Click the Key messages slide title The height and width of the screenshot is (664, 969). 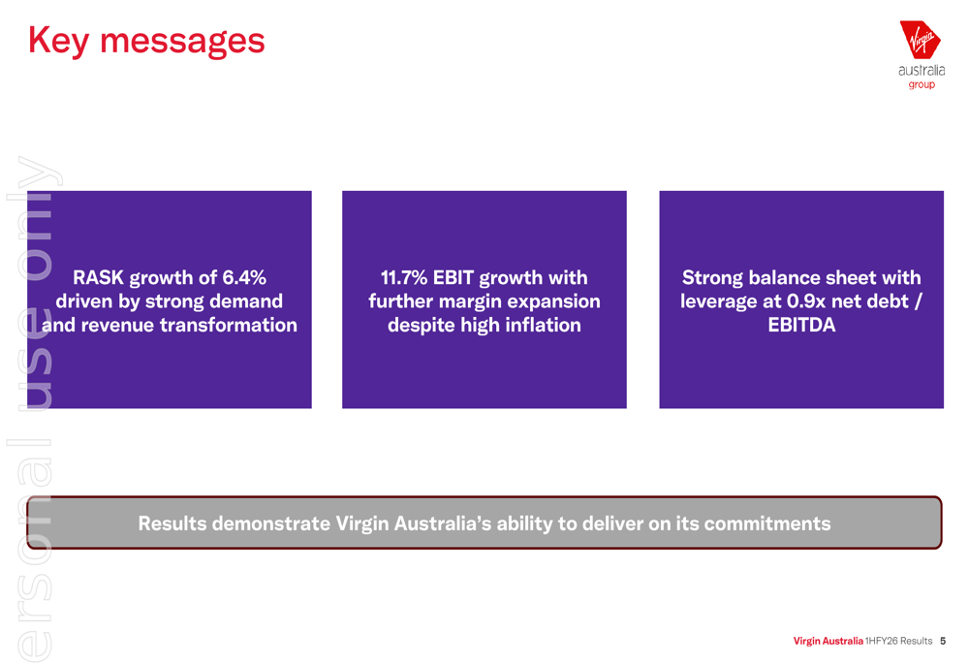[x=146, y=41]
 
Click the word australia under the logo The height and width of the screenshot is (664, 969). [x=922, y=71]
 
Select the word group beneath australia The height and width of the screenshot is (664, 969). [x=922, y=85]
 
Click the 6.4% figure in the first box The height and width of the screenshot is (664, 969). [x=244, y=278]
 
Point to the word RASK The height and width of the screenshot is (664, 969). [x=98, y=278]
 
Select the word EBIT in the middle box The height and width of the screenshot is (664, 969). [x=453, y=278]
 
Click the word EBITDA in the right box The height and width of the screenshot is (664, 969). [x=801, y=326]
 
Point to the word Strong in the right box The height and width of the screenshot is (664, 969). [x=712, y=278]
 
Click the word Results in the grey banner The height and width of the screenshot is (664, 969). [x=172, y=524]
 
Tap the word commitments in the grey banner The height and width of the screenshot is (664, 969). [x=766, y=524]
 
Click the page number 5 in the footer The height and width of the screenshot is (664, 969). [x=942, y=642]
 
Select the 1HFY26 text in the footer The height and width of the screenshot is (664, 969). [x=881, y=642]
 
